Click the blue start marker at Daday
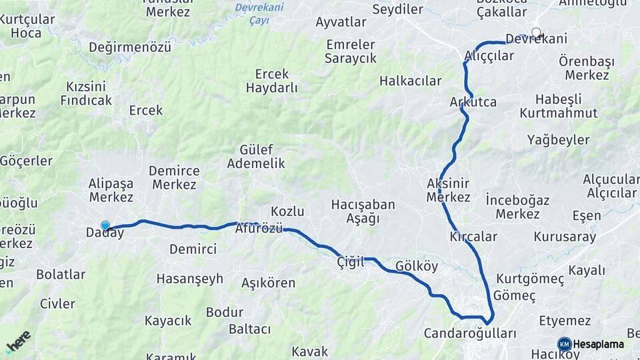coord(105,226)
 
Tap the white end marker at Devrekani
coord(536,32)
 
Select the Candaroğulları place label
coord(470,333)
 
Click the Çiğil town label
coord(351,263)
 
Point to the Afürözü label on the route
coord(259,229)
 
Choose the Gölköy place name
coord(417,266)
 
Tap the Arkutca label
coord(473,102)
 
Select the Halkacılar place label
coord(410,81)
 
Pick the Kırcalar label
coord(473,237)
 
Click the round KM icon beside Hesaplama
coord(564,344)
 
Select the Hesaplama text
coord(598,344)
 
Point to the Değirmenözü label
coord(130,47)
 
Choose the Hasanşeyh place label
coord(190,279)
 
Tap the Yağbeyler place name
coord(559,140)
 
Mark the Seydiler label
coord(398,9)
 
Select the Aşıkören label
coord(269,283)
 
